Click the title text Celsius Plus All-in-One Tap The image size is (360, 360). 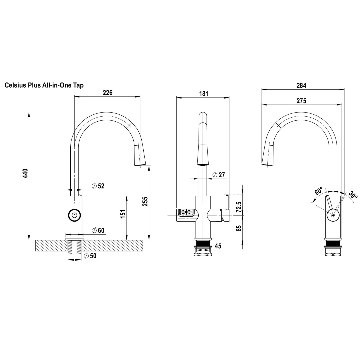click(44, 85)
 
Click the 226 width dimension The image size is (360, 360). click(107, 93)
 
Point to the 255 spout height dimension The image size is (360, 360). click(145, 201)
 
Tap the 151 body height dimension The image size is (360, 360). click(123, 214)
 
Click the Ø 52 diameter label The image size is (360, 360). click(98, 186)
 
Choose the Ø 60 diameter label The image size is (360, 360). click(98, 230)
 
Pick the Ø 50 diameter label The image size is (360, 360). click(90, 256)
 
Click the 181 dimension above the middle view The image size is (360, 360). click(203, 94)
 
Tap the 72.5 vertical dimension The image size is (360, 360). click(239, 207)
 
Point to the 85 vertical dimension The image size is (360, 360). click(239, 228)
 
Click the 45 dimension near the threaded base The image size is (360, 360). click(218, 246)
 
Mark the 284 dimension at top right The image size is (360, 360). click(301, 85)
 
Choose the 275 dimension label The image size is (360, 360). click(301, 101)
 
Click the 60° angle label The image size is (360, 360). click(319, 191)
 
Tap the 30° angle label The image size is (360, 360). click(353, 195)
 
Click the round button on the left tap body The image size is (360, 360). click(74, 215)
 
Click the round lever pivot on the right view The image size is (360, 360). click(333, 215)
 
